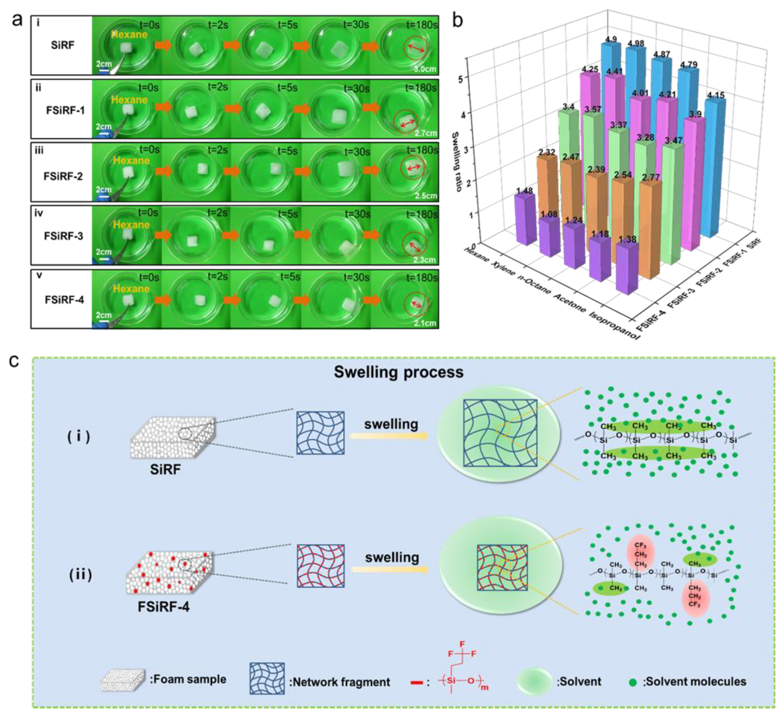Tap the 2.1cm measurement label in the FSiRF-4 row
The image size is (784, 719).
(x=425, y=323)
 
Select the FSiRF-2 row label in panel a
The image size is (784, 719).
(x=63, y=176)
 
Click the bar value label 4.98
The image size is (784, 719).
(x=636, y=43)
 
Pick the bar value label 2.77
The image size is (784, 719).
(x=651, y=178)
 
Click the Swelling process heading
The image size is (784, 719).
(x=398, y=372)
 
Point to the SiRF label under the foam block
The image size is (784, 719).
(x=165, y=470)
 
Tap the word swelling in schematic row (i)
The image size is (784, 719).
(x=391, y=424)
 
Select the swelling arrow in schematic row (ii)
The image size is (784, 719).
(x=390, y=570)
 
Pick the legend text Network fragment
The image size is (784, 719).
(x=339, y=682)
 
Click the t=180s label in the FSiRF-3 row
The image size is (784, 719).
(x=422, y=214)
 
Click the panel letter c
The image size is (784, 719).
(x=14, y=361)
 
